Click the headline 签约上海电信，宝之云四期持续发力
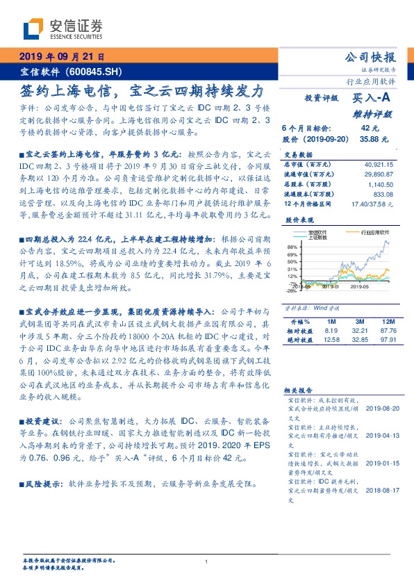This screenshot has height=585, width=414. tap(142, 90)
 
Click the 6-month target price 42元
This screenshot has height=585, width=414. tap(370, 129)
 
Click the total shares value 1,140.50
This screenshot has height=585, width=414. tap(381, 185)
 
